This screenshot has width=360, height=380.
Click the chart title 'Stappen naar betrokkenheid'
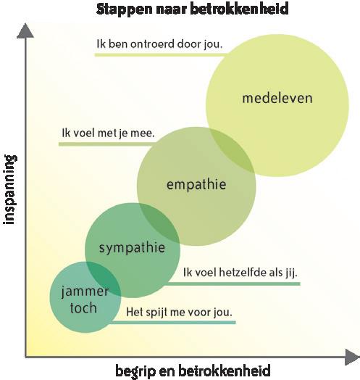tap(192, 9)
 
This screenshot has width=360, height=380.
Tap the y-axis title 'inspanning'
tap(10, 190)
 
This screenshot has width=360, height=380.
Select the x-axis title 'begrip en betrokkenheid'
tap(193, 371)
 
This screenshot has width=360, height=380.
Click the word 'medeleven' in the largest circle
tap(277, 98)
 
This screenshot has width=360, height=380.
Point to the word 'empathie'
tap(196, 185)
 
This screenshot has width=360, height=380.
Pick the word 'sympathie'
tap(132, 249)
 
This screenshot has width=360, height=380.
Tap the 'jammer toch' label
tap(85, 300)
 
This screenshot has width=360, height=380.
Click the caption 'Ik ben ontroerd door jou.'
tap(159, 44)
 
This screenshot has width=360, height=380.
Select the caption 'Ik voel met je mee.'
tap(108, 133)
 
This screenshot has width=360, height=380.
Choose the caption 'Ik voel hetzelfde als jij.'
tap(240, 273)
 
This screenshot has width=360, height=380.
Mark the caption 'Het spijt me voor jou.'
tap(179, 313)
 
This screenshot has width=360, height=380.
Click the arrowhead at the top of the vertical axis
tap(25, 30)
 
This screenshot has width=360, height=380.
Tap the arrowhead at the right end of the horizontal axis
tap(352, 357)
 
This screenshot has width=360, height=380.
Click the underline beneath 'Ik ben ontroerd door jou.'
tap(160, 55)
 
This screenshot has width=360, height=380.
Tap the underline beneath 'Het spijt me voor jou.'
tap(172, 322)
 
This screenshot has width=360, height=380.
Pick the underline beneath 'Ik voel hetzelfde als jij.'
tap(233, 284)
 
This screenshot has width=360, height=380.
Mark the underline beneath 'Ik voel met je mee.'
tap(106, 144)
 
